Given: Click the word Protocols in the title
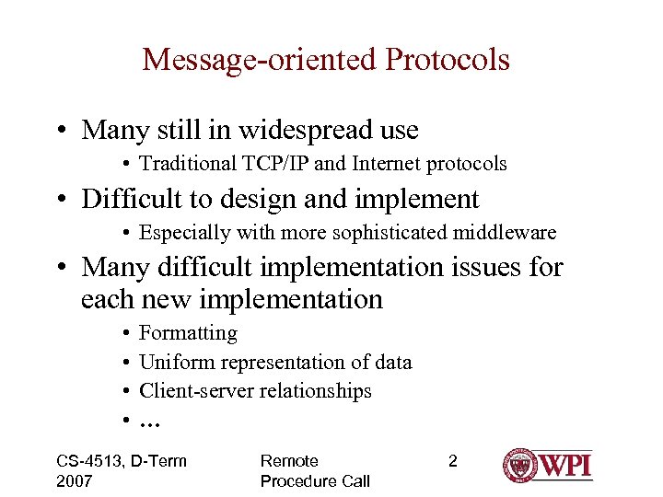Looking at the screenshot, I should (448, 60).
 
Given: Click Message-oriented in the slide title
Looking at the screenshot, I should (261, 60).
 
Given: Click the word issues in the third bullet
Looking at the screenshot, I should (485, 267).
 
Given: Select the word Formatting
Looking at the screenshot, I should (188, 333).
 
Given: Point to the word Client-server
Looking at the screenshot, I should (195, 390).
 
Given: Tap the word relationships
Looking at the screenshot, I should (315, 390).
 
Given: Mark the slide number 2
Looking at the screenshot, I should (452, 461).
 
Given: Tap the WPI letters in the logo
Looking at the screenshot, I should (565, 465).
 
